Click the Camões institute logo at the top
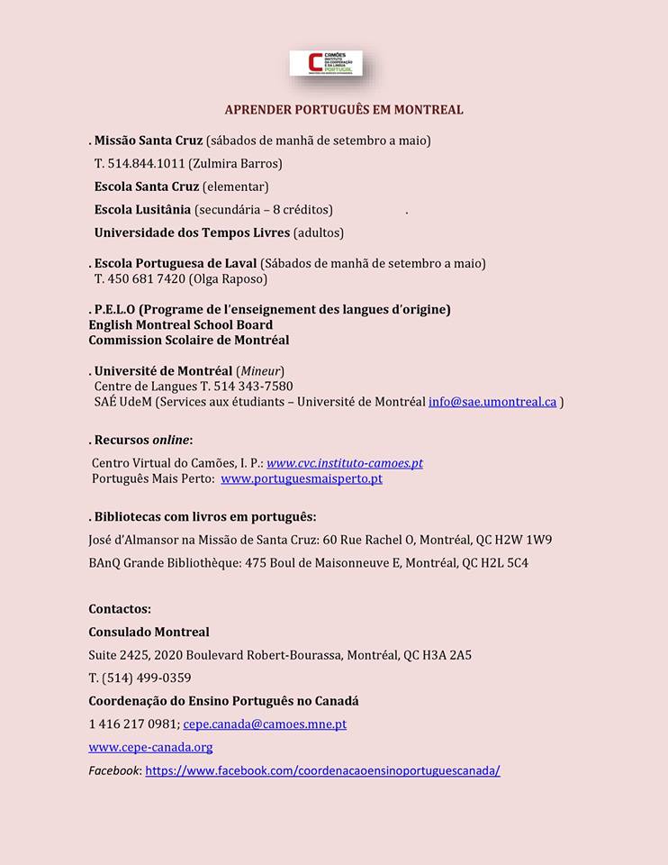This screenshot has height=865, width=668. pyautogui.click(x=325, y=64)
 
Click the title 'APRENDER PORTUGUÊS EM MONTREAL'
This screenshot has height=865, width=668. pyautogui.click(x=344, y=110)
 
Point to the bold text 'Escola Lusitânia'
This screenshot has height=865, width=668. pyautogui.click(x=142, y=209)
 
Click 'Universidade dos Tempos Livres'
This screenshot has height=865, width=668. pyautogui.click(x=192, y=232)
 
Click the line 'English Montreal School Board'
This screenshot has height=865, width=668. pyautogui.click(x=180, y=324)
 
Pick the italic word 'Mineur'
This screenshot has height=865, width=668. pyautogui.click(x=260, y=371)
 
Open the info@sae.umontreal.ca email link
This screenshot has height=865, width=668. pyautogui.click(x=492, y=402)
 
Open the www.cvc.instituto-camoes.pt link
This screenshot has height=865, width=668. pyautogui.click(x=344, y=463)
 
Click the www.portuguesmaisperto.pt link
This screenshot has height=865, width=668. pyautogui.click(x=302, y=478)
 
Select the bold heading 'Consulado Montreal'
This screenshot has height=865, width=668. pyautogui.click(x=149, y=632)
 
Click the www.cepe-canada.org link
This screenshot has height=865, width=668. pyautogui.click(x=150, y=747)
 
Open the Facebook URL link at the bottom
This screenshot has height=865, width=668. pyautogui.click(x=322, y=770)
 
